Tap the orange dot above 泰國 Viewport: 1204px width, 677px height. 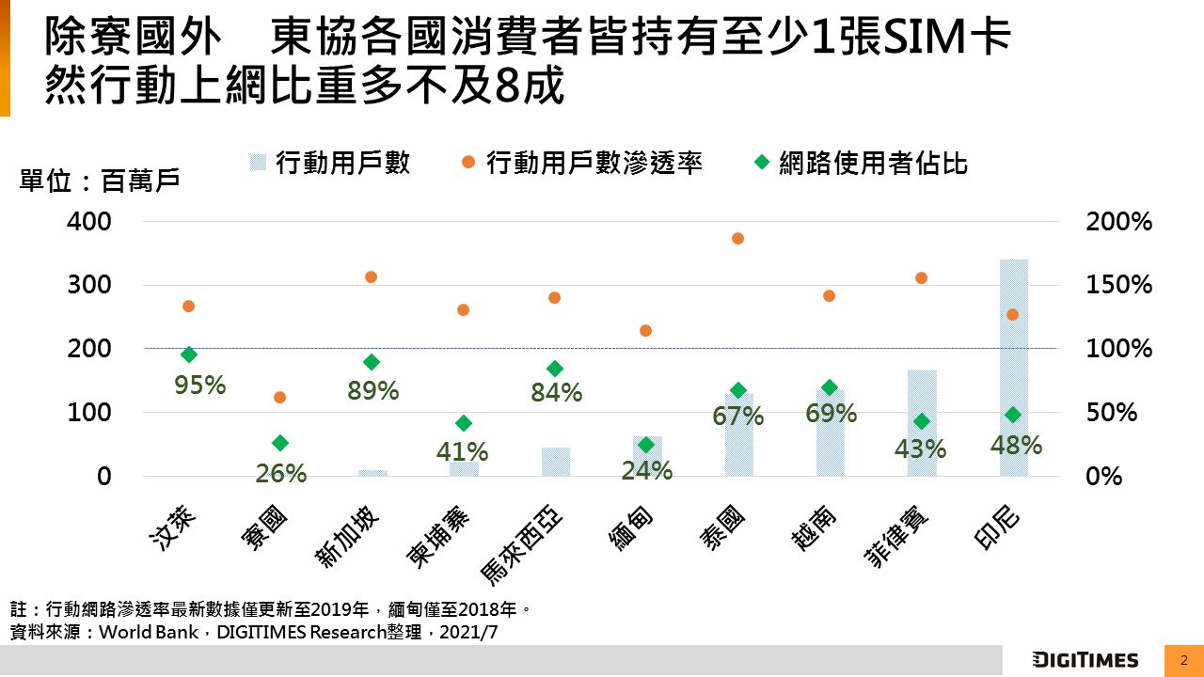pyautogui.click(x=738, y=239)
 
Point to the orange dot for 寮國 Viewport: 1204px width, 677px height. pyautogui.click(x=279, y=398)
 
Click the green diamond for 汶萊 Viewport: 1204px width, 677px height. pyautogui.click(x=189, y=354)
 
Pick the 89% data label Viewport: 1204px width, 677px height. pyautogui.click(x=373, y=390)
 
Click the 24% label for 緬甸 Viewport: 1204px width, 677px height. pyautogui.click(x=646, y=469)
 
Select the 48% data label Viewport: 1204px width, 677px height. pyautogui.click(x=1016, y=445)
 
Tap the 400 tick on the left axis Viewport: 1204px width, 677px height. pyautogui.click(x=89, y=222)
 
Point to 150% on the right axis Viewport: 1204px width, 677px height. pyautogui.click(x=1118, y=285)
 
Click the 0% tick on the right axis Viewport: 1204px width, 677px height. pyautogui.click(x=1105, y=476)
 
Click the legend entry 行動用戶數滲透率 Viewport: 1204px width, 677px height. pyautogui.click(x=594, y=163)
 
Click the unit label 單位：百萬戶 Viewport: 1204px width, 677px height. pyautogui.click(x=100, y=181)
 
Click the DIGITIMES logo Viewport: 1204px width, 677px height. pyautogui.click(x=1085, y=660)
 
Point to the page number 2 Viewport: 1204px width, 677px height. pyautogui.click(x=1184, y=660)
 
